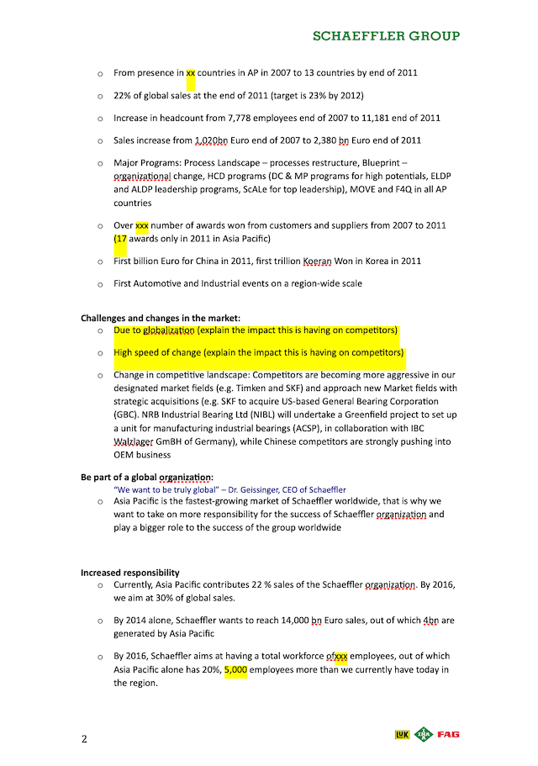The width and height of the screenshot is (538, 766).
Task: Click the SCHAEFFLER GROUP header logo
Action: point(386,36)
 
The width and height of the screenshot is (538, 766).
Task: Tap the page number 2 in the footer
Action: point(84,739)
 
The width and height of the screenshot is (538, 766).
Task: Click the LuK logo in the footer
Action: point(403,736)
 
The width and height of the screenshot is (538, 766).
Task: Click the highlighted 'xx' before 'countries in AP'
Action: point(191,73)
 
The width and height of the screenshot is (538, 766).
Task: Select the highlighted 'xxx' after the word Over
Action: point(142,225)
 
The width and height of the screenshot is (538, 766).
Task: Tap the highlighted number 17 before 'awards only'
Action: point(121,238)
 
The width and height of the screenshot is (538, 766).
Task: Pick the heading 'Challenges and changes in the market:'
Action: point(161,318)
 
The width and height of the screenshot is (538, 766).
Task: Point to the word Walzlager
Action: point(134,441)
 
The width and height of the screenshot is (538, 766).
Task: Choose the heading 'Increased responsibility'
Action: point(130,573)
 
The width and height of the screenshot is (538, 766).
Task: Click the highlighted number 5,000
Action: point(235,670)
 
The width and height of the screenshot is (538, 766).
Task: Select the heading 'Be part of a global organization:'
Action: point(147,477)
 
